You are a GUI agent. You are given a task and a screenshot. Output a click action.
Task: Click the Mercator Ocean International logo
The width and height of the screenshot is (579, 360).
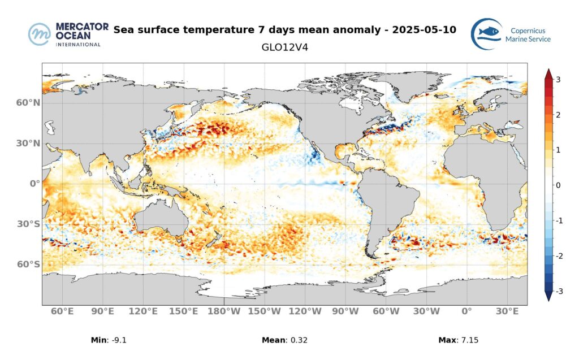pyautogui.click(x=64, y=34)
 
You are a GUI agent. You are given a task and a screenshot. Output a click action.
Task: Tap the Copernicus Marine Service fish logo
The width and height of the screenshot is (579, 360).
pyautogui.click(x=487, y=34)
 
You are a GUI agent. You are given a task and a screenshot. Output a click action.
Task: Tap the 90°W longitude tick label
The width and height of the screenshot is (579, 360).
pyautogui.click(x=345, y=311)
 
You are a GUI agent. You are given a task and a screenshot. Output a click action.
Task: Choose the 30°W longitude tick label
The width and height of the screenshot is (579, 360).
pyautogui.click(x=426, y=311)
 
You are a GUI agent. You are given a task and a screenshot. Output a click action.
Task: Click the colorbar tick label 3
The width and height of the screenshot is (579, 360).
pyautogui.click(x=558, y=80)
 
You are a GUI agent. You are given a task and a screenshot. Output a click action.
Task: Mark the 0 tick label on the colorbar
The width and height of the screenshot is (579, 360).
pyautogui.click(x=558, y=185)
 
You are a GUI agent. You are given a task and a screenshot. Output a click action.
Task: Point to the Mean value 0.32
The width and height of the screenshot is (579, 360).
pyautogui.click(x=297, y=340)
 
